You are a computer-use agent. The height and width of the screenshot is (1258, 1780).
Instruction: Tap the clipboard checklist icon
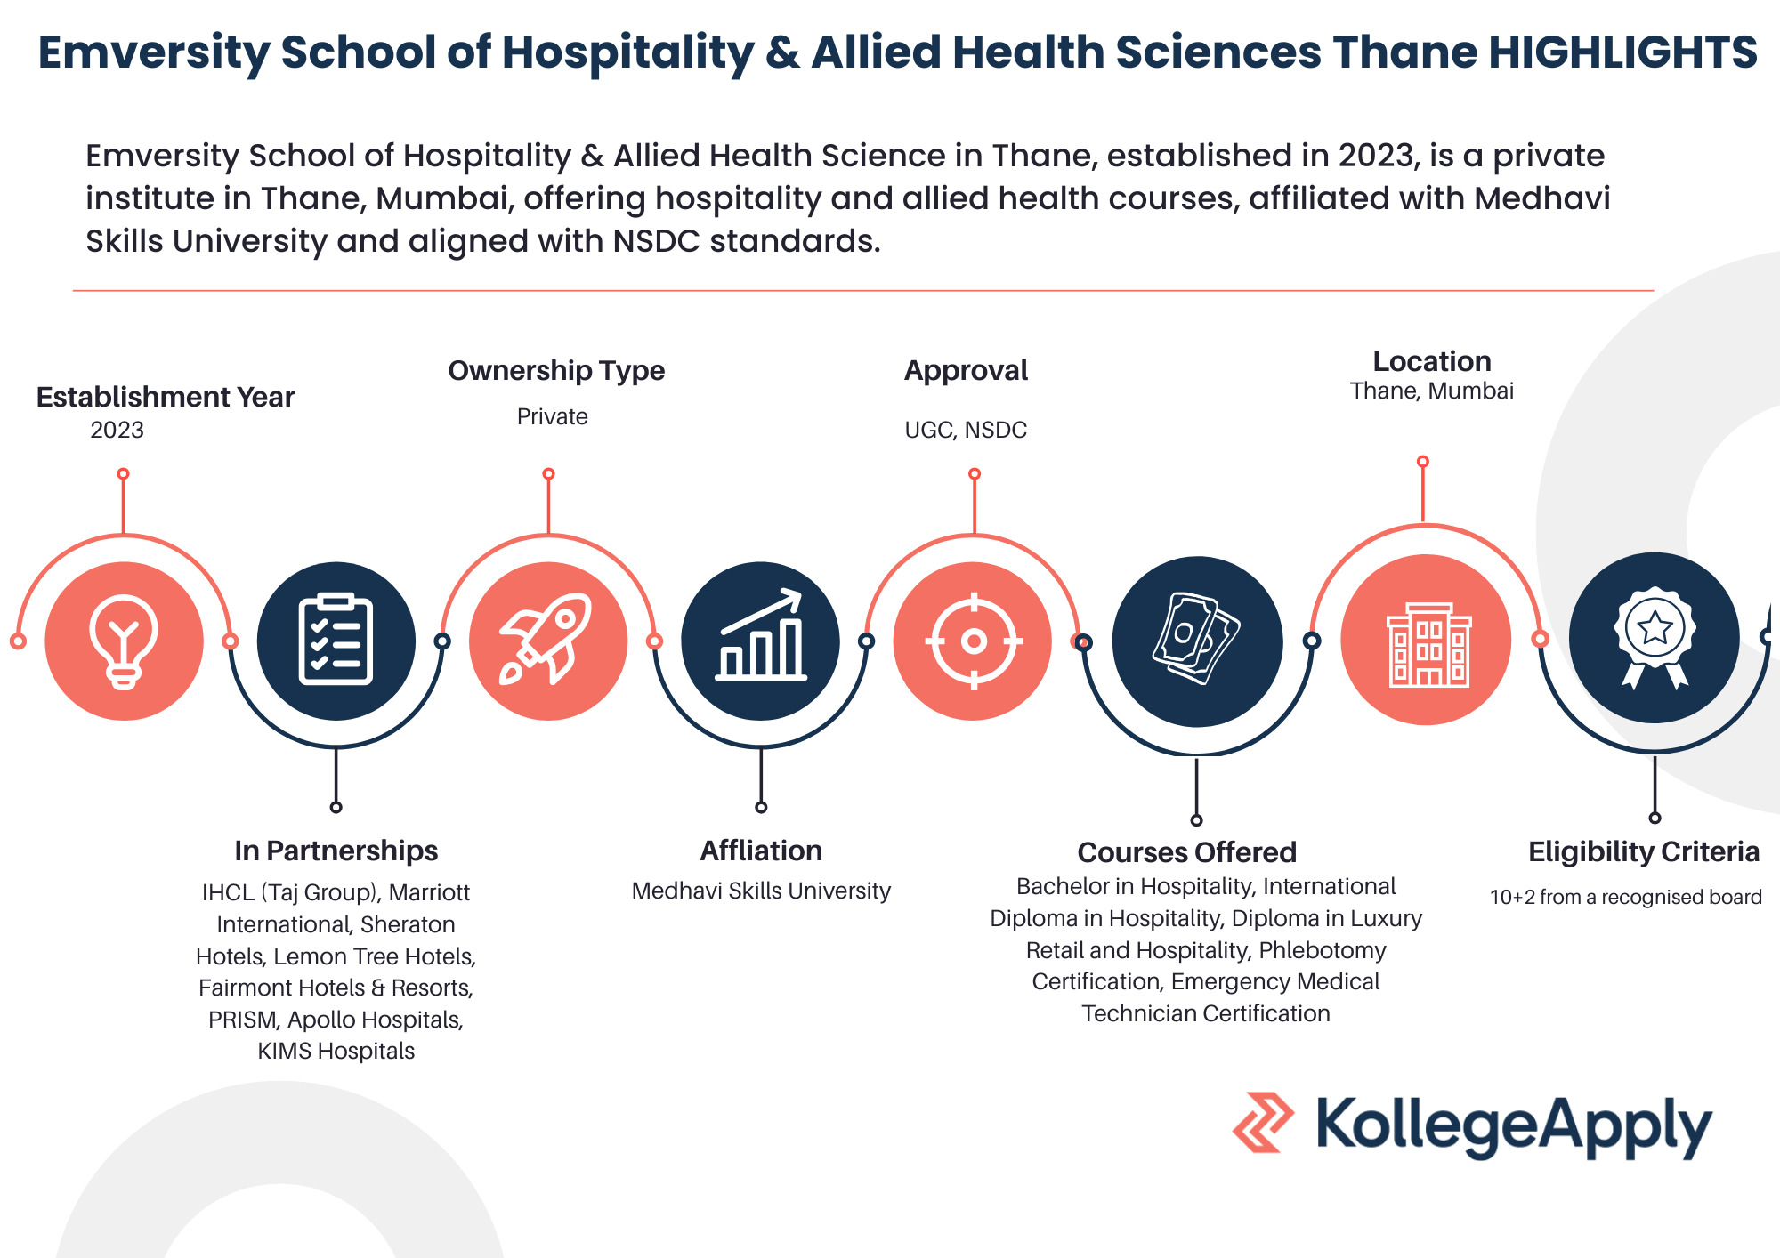click(x=336, y=639)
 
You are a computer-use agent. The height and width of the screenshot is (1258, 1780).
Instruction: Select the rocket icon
click(x=546, y=639)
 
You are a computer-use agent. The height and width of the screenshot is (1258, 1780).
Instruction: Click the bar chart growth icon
click(x=761, y=635)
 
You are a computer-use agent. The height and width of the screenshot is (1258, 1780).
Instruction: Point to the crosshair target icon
click(x=974, y=641)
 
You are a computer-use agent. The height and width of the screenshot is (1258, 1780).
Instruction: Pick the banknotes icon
click(x=1196, y=639)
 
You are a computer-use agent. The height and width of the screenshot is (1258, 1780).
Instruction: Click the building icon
click(x=1428, y=644)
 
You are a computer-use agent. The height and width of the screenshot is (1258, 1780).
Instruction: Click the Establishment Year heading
click(x=166, y=397)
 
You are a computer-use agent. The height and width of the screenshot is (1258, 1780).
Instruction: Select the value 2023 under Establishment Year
click(x=117, y=430)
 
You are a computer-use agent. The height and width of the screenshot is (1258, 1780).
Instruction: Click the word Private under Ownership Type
click(x=552, y=416)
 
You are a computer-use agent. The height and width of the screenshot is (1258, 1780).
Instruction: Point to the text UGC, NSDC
click(x=966, y=430)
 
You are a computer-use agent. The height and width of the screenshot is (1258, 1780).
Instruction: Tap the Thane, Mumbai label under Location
click(x=1431, y=391)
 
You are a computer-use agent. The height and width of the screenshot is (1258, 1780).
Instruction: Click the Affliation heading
click(x=761, y=851)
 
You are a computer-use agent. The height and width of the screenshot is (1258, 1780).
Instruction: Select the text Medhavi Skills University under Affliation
click(x=761, y=891)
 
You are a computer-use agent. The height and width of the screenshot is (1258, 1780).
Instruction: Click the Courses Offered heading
click(x=1186, y=852)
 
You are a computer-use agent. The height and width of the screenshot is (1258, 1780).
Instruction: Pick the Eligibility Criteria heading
click(x=1644, y=851)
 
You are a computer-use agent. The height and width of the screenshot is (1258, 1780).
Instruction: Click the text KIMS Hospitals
click(x=336, y=1051)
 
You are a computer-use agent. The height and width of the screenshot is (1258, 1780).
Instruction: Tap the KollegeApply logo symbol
click(x=1263, y=1123)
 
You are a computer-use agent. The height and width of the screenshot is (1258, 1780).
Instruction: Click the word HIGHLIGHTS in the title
click(x=1622, y=52)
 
